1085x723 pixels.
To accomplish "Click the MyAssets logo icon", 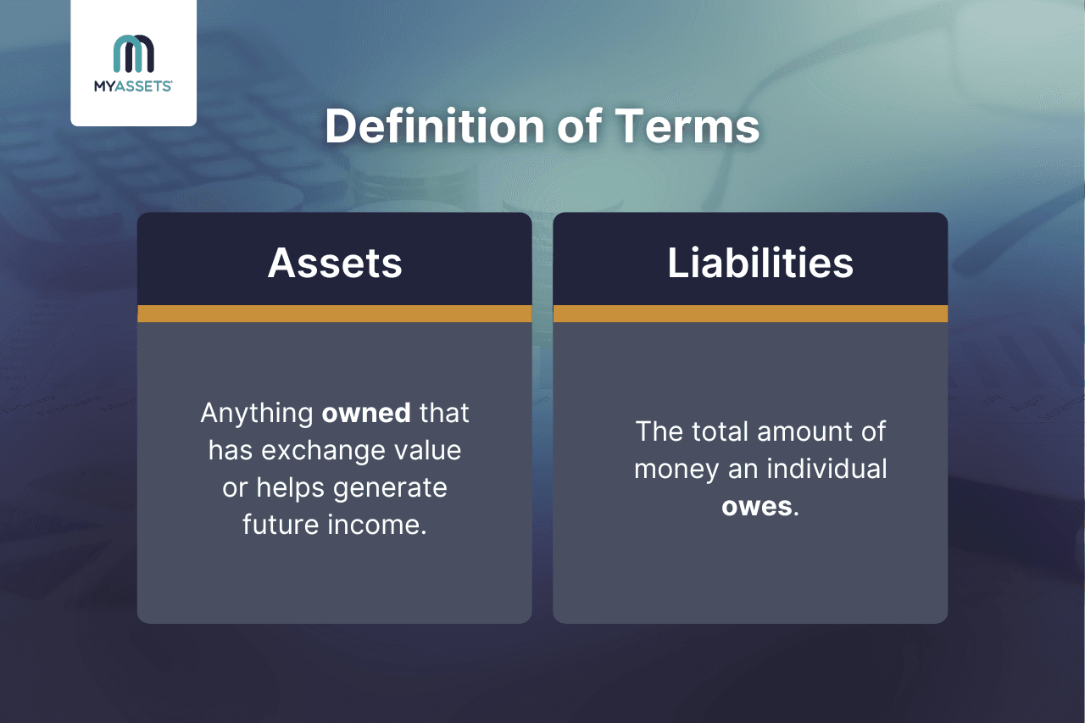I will (134, 53).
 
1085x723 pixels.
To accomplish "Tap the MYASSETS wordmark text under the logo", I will (134, 86).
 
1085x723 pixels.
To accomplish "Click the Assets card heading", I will (335, 264).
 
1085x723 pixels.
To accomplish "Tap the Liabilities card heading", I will (760, 264).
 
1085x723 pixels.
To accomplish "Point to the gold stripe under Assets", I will (334, 314).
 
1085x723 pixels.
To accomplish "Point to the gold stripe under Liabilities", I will (750, 314).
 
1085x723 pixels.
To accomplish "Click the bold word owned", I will (366, 414).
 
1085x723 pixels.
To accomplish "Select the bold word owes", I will (758, 506).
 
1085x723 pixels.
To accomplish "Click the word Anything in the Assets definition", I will (257, 414).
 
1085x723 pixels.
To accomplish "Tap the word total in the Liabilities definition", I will (722, 431).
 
